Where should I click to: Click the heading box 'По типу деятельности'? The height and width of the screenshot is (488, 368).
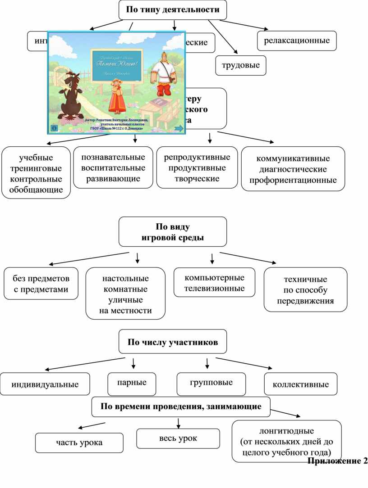pos(173,10)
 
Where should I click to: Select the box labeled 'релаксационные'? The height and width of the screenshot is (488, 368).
pos(297,41)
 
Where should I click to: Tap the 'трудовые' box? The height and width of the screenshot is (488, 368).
pos(241,65)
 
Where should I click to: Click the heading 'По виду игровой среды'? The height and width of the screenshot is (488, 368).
pos(173,232)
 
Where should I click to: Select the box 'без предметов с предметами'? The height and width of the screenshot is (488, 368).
pos(41,284)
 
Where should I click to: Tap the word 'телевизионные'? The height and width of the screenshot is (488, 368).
pos(214,288)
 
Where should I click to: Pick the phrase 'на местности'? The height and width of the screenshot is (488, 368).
pos(126,311)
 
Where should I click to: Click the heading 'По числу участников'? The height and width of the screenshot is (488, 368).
pos(173,342)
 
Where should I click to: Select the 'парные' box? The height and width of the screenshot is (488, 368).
pos(132,383)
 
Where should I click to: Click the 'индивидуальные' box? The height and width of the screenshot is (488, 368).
pos(45,384)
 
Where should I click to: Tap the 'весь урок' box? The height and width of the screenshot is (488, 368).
pos(178,438)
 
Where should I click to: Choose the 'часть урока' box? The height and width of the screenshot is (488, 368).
pos(79,443)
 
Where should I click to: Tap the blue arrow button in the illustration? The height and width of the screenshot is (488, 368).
pos(179,128)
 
